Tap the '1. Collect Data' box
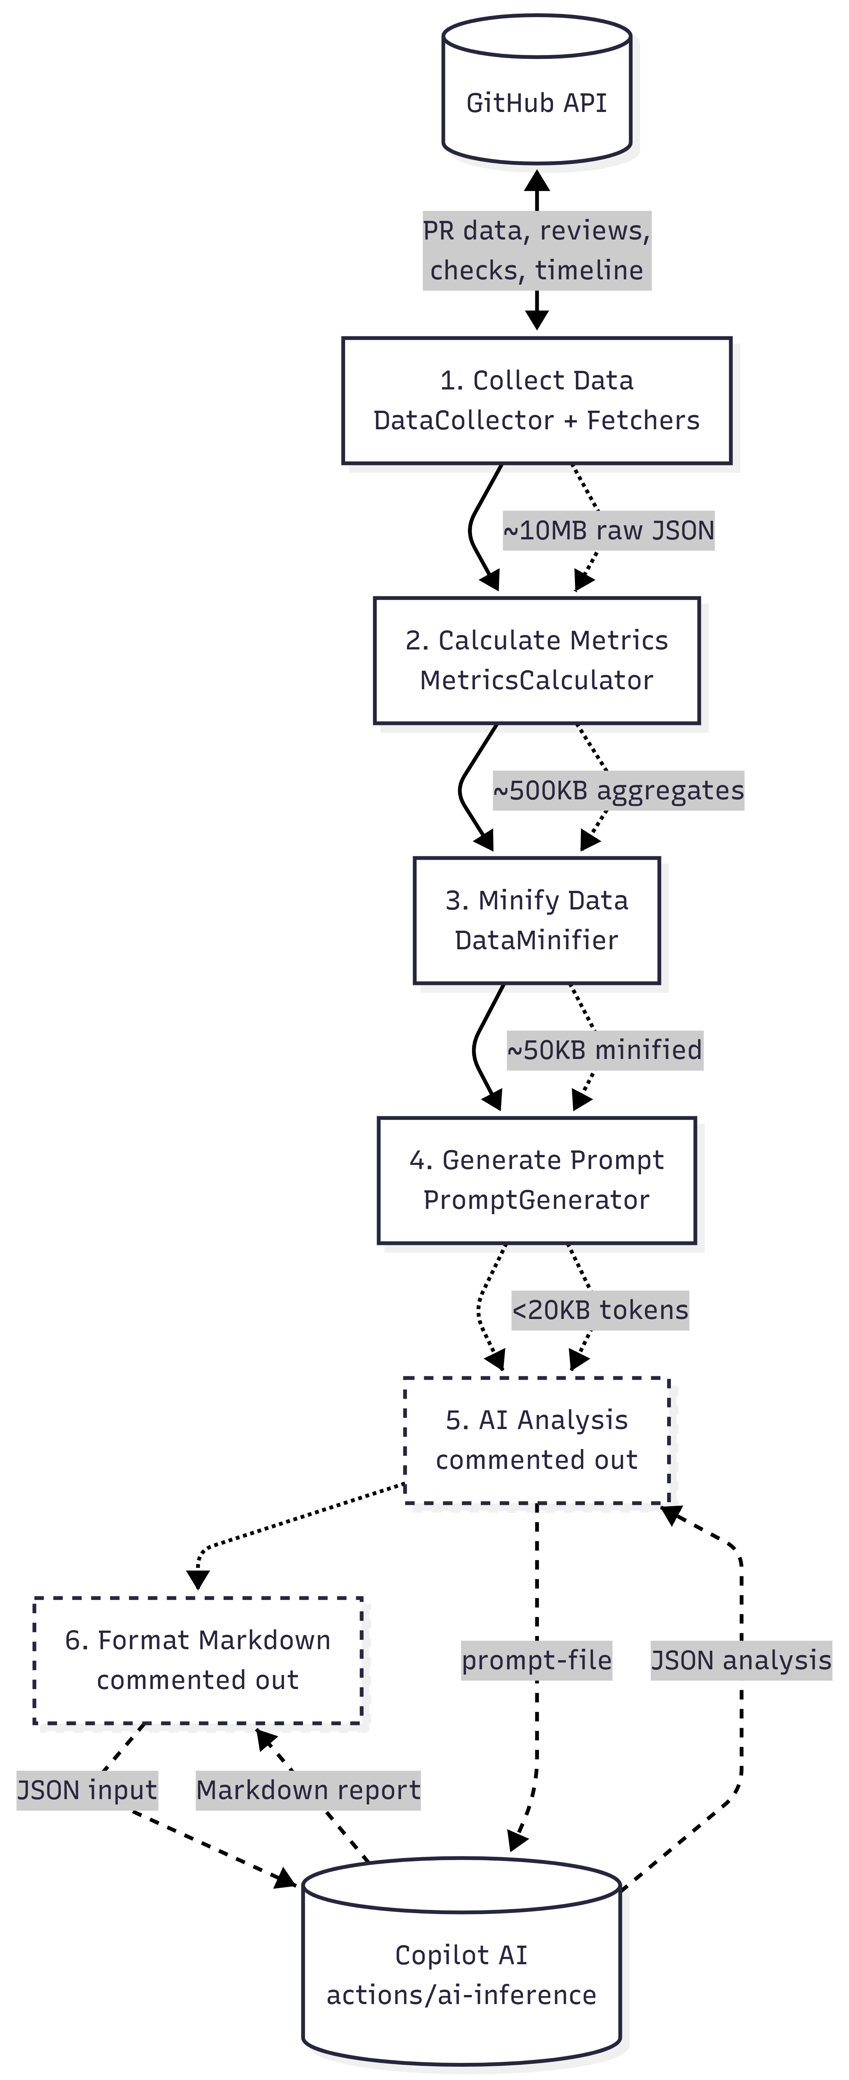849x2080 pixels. [x=537, y=400]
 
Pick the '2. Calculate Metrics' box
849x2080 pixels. [x=537, y=660]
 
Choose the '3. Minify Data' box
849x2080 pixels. [x=537, y=920]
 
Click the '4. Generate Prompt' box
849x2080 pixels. [x=537, y=1180]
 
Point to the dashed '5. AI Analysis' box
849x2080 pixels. [x=537, y=1440]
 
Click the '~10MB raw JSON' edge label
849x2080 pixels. [x=608, y=531]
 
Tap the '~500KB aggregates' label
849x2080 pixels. [x=618, y=791]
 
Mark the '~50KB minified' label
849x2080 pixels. [x=605, y=1051]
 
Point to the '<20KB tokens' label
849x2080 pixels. [x=600, y=1311]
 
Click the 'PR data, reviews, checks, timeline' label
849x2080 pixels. [x=537, y=250]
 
